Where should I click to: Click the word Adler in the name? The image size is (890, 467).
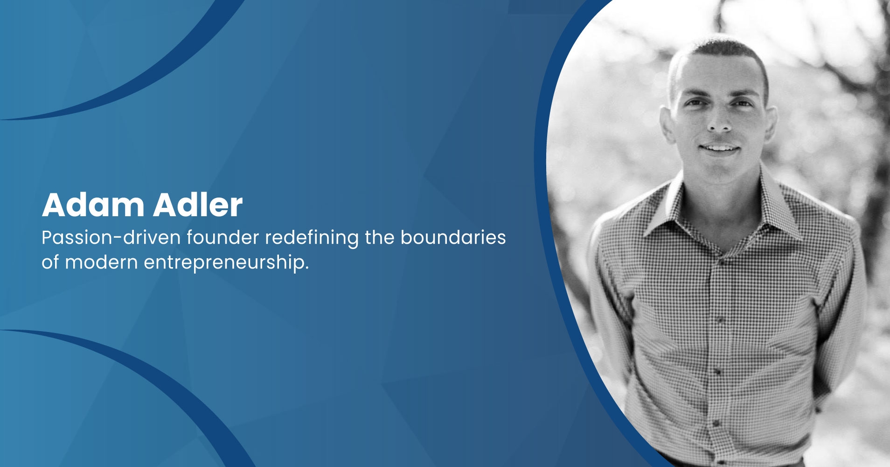pos(198,205)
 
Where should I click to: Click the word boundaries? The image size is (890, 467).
pos(453,238)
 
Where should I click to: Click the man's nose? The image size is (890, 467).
pos(719,119)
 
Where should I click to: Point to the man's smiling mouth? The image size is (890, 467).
pos(720,149)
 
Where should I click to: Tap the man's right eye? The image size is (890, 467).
pos(695,103)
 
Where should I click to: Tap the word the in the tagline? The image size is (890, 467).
pos(379,238)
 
